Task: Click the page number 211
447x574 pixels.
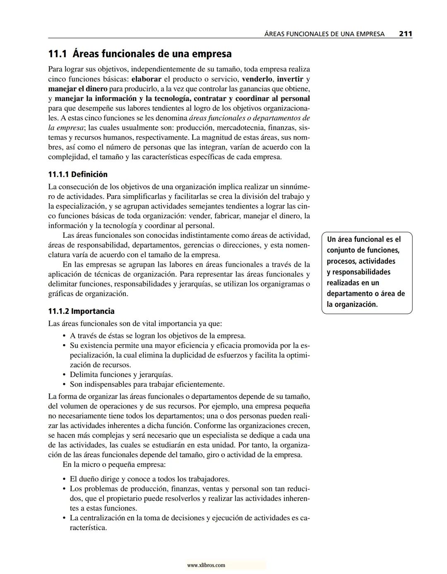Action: [405, 34]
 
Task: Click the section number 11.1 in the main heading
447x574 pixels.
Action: [58, 54]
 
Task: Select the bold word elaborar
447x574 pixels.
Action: [146, 79]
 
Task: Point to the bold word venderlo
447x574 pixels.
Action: [257, 79]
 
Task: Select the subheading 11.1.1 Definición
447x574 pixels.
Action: [78, 175]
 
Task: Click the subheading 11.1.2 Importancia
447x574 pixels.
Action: [81, 311]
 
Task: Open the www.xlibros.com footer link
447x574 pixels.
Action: [206, 565]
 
